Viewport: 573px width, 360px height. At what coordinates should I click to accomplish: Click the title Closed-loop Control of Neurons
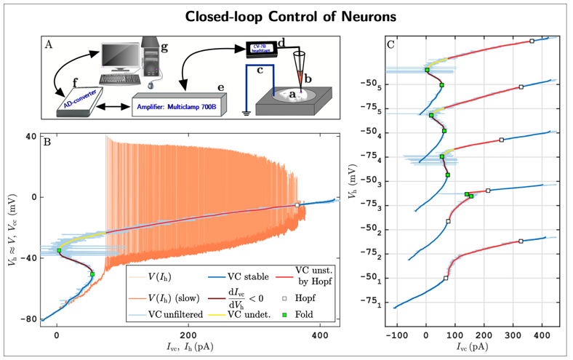pos(286,15)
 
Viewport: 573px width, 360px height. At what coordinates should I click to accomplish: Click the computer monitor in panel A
pos(124,56)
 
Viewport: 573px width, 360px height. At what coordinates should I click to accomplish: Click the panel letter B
pos(47,141)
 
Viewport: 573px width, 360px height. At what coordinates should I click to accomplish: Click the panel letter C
pos(391,44)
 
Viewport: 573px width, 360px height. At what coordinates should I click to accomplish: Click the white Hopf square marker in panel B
pos(297,205)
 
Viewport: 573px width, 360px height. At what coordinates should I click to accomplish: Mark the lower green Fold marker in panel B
pos(92,274)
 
